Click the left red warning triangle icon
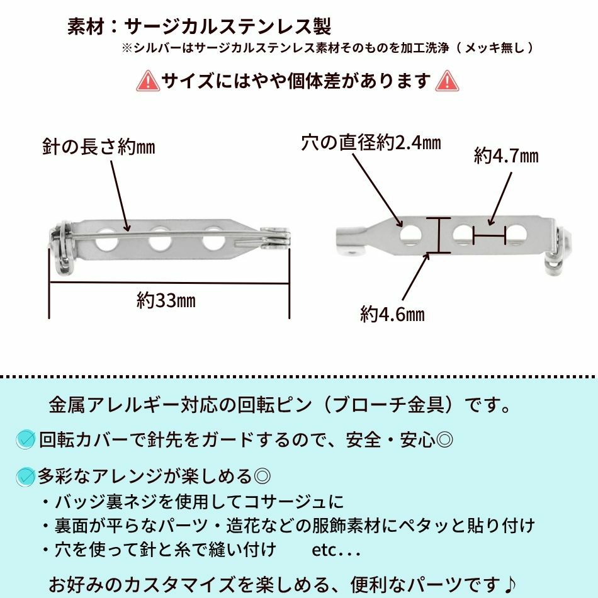point(148,81)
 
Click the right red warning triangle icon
point(447,81)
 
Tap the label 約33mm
point(166,300)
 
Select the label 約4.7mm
point(506,155)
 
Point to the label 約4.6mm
point(392,313)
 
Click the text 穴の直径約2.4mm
point(371,144)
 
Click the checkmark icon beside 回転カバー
point(25,439)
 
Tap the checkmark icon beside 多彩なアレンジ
point(25,477)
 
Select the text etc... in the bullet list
point(336,550)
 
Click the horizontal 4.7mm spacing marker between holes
point(489,237)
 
